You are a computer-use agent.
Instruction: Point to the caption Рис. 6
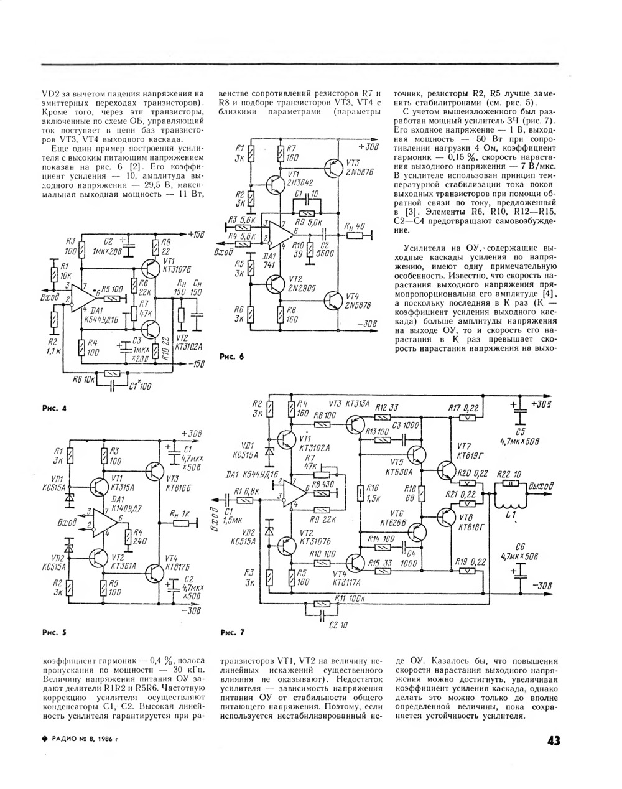click(x=233, y=357)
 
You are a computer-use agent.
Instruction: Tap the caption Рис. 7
click(x=233, y=633)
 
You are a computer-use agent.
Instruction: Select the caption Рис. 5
click(x=53, y=633)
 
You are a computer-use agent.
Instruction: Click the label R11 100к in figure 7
click(x=350, y=598)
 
